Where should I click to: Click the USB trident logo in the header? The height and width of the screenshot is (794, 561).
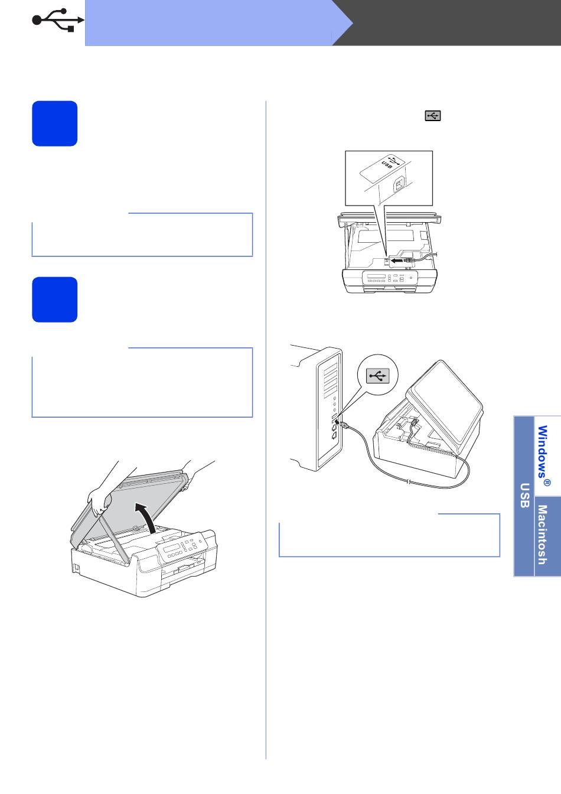click(x=58, y=20)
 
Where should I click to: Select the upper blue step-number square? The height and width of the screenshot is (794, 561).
click(x=54, y=123)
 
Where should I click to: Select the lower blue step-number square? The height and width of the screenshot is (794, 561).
click(x=54, y=300)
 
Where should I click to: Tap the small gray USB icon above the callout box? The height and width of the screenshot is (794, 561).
click(x=433, y=116)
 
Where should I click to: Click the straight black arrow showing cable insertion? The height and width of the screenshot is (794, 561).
click(x=398, y=261)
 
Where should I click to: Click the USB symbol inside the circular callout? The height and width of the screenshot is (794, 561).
click(x=378, y=375)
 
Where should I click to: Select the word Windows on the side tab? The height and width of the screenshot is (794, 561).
click(x=543, y=451)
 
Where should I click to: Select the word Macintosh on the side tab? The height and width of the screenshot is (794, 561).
click(x=542, y=535)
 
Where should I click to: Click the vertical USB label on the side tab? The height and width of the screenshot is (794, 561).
click(x=524, y=495)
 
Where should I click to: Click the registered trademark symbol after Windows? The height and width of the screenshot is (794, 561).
click(x=547, y=483)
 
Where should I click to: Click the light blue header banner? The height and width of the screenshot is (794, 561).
click(x=213, y=22)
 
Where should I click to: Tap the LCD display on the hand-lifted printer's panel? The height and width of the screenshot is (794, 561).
click(x=172, y=547)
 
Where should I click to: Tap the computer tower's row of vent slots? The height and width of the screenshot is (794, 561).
click(x=330, y=380)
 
